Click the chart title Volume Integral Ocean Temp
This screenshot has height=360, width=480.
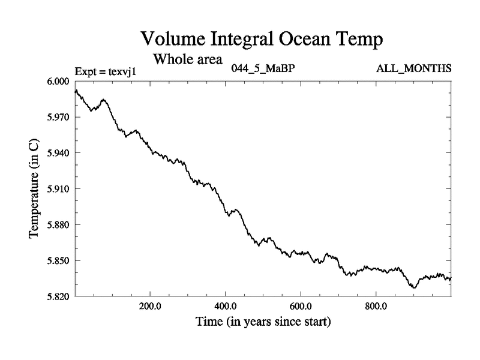tap(261, 40)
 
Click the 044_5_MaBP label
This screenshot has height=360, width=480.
tap(262, 68)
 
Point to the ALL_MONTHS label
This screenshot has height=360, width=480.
tap(413, 68)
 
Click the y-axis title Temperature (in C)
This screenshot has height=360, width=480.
tap(35, 188)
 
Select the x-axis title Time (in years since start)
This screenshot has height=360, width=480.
tap(263, 322)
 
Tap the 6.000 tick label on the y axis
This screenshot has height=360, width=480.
tap(59, 81)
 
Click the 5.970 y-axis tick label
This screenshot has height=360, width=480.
tap(59, 117)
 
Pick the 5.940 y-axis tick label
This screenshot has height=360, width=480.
tap(59, 153)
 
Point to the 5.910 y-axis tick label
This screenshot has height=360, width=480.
tap(59, 189)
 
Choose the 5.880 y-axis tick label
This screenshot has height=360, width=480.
tap(59, 225)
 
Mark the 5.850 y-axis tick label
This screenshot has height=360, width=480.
tap(59, 261)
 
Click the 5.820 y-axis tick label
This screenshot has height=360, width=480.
tap(59, 296)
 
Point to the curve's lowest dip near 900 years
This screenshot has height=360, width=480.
tap(413, 288)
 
